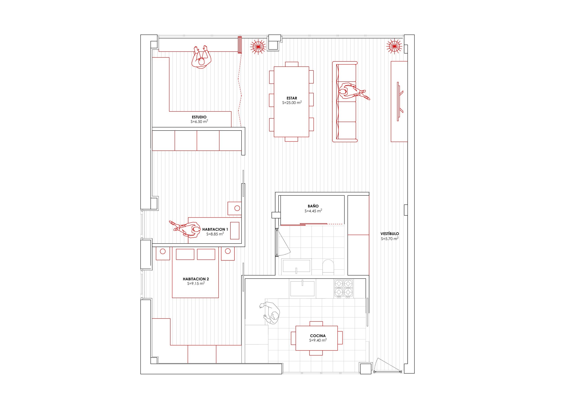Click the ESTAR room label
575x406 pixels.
pos(292,98)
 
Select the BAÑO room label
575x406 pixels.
pos(313,206)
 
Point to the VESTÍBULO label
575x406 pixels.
pos(390,234)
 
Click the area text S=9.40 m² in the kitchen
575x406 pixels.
pos(318,340)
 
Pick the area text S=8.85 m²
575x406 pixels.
pos(215,234)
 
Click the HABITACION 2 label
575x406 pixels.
pos(196,279)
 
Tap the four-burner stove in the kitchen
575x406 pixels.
pos(343,289)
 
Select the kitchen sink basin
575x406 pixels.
pos(302,288)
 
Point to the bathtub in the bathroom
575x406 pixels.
pos(296,266)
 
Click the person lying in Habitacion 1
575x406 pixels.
pos(185,229)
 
